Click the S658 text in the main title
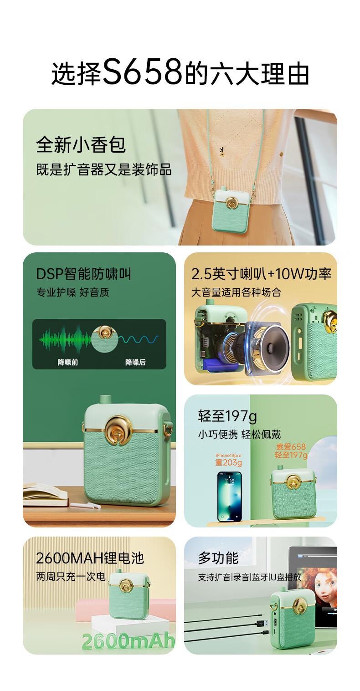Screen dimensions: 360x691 (143, 72)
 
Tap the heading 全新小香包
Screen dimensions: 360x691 (81, 145)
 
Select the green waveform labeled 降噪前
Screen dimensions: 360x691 (65, 339)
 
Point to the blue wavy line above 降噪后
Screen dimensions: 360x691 (139, 340)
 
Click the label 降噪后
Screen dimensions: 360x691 (135, 362)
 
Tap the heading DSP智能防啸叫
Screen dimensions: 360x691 (83, 274)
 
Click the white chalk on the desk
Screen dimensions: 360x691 (86, 505)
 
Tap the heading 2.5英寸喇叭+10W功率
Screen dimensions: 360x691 (261, 274)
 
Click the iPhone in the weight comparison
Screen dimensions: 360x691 (230, 496)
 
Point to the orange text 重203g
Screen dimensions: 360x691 (228, 462)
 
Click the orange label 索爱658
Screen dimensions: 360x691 (291, 446)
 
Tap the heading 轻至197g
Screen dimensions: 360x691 (227, 416)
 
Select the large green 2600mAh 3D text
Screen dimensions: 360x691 (129, 640)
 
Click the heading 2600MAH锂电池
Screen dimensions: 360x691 (90, 558)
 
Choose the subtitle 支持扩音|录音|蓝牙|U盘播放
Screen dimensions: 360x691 (250, 577)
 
